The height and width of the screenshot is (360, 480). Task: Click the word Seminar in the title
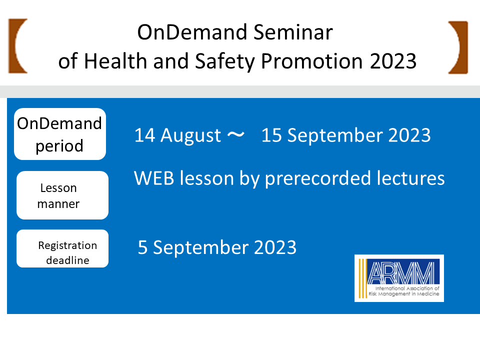coord(293,32)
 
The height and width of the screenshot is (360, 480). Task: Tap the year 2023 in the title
coord(393,61)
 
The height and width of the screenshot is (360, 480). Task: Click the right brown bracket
coord(460,47)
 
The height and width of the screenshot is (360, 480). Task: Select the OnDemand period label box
coord(60,134)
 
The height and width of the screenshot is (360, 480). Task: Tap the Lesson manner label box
coord(62,195)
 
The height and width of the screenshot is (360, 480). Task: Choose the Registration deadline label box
coord(62,248)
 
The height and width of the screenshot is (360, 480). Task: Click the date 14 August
coord(177,135)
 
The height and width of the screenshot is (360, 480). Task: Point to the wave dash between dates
coord(235,134)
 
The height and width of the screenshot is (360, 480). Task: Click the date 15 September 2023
coord(346,135)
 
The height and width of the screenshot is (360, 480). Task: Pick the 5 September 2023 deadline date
coord(217,247)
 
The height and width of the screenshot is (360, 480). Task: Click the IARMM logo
coord(399,278)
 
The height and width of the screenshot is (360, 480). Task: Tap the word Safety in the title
coord(224,61)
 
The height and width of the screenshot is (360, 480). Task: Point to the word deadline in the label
coord(67,260)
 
